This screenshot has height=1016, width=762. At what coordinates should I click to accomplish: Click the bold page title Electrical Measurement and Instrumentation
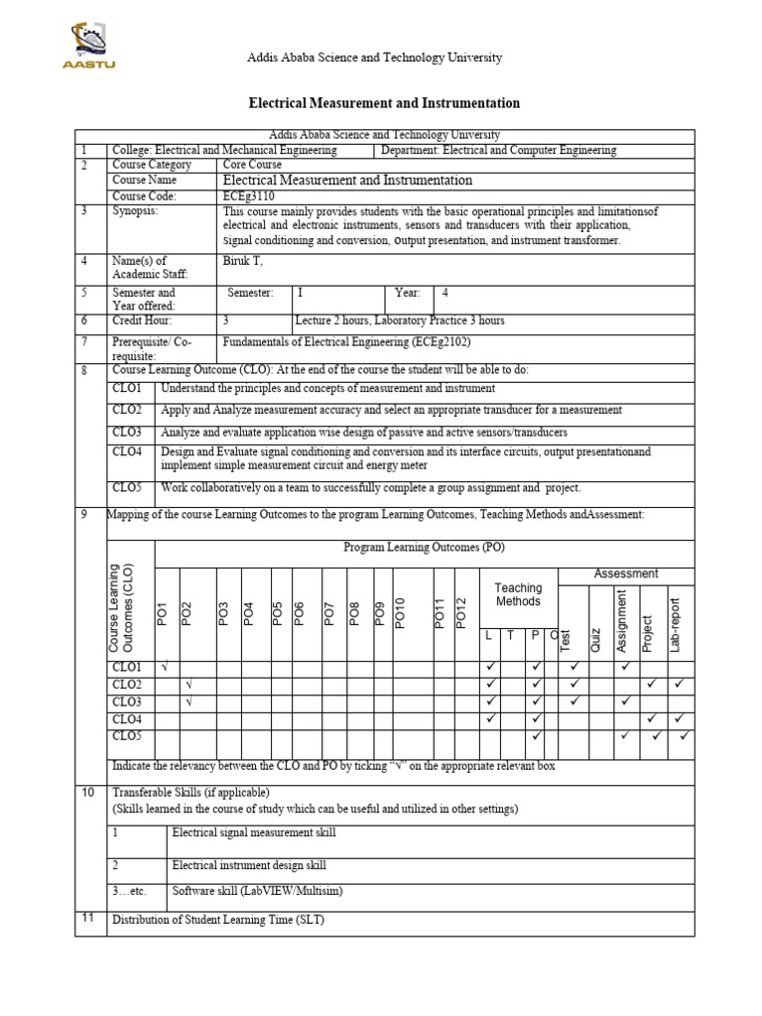[382, 103]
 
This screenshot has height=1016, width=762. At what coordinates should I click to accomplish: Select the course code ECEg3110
[248, 196]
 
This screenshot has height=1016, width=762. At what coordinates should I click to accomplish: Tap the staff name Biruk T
[242, 260]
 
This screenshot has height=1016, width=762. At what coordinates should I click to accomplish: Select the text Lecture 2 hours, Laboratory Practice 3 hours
[400, 320]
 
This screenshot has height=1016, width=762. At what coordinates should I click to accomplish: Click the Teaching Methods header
[518, 594]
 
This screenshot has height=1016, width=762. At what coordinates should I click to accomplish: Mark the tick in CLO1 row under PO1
[164, 666]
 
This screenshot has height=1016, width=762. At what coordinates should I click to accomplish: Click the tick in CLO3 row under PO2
[188, 701]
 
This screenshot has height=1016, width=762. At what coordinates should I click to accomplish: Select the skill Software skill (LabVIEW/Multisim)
[257, 891]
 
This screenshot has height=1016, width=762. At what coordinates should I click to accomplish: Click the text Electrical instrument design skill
[248, 865]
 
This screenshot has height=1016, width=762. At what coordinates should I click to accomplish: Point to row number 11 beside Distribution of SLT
[87, 918]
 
